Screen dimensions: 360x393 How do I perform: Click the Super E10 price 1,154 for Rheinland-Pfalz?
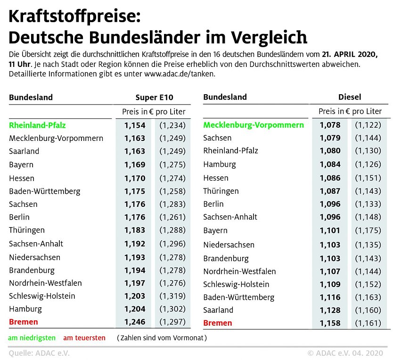coord(135,125)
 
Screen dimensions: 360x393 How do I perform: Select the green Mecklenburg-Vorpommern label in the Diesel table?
coord(254,125)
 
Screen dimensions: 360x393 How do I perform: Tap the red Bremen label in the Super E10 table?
coord(24,322)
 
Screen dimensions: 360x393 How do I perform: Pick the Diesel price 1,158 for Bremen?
coord(329,323)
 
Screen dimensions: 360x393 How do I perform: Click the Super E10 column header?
coord(154,98)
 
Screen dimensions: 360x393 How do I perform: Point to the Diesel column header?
coord(350,97)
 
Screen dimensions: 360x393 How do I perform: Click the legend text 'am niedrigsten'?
coord(32,338)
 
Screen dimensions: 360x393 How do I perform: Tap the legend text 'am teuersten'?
coord(84,338)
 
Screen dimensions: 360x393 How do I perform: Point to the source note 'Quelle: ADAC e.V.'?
coord(39,353)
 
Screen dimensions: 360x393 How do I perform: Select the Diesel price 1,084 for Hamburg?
coord(329,164)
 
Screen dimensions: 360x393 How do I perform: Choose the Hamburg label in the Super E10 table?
coord(25,309)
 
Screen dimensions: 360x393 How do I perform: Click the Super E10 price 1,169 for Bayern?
coord(135,165)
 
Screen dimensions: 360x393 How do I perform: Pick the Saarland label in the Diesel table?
coord(218,310)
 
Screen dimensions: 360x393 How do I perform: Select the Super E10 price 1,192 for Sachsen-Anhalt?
coord(135,244)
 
